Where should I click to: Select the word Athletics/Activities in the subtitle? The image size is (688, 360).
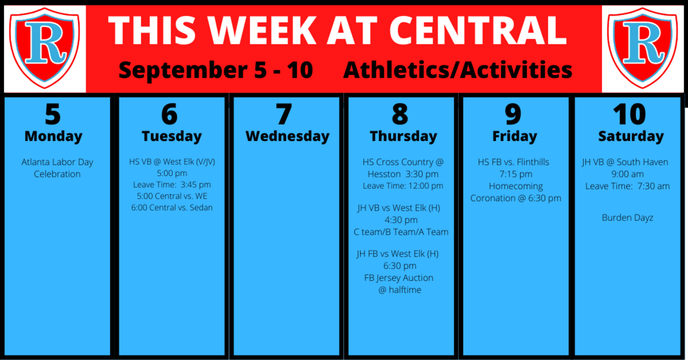(458, 70)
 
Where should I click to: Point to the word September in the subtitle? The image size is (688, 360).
(186, 70)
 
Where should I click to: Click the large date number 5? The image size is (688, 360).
(52, 114)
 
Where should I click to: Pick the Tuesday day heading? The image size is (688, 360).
(171, 136)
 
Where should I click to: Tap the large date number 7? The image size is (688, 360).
(284, 114)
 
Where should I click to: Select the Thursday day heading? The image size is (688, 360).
(403, 136)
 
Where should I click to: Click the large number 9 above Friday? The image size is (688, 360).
(513, 114)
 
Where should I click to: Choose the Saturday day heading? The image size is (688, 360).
(631, 136)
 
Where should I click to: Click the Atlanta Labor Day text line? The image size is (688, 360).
(57, 162)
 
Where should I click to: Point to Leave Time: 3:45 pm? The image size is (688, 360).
(172, 185)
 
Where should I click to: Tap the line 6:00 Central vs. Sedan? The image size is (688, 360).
(172, 208)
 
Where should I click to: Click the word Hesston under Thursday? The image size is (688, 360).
(384, 174)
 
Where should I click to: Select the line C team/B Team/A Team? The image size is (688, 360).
(401, 232)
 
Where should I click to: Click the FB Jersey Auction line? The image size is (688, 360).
(399, 278)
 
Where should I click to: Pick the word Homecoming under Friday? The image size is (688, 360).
(516, 186)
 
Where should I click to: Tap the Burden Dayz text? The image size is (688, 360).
(628, 218)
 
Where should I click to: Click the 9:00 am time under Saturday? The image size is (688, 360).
(628, 174)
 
